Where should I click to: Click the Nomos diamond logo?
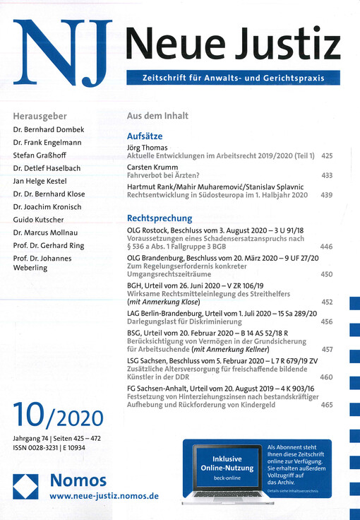[x=25, y=488]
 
